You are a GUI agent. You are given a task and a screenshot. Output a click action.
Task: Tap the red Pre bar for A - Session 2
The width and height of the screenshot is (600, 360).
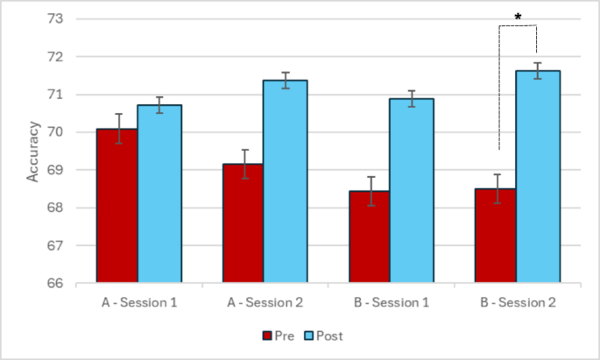(x=244, y=223)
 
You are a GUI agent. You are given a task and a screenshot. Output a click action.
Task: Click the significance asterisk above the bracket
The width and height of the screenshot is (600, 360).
(x=518, y=17)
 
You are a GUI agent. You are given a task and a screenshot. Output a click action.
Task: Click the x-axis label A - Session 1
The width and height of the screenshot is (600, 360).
(x=138, y=302)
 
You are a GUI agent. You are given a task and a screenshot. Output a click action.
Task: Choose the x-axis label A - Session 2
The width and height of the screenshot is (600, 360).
(x=265, y=302)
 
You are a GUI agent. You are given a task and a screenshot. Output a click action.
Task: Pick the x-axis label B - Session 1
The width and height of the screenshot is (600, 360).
(x=391, y=302)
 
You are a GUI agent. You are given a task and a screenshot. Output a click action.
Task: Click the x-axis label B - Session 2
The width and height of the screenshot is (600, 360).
(x=517, y=302)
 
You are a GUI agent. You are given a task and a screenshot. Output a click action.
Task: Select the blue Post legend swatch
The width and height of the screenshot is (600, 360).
(x=308, y=335)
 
